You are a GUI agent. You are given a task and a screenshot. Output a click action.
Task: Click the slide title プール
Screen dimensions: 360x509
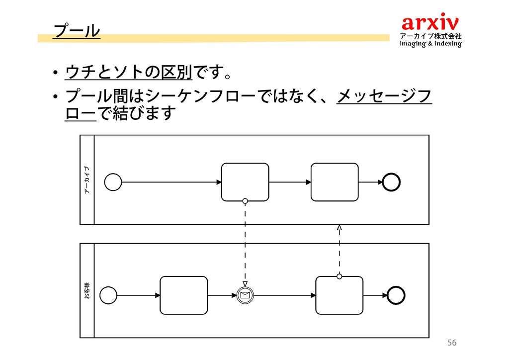77,30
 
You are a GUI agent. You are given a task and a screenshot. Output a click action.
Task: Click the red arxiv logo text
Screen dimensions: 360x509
430,22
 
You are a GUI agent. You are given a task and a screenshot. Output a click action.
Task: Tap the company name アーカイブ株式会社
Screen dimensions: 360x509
430,36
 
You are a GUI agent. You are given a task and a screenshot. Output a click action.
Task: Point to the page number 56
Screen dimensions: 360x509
451,343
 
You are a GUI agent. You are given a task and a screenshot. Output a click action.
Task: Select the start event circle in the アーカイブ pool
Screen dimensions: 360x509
113,182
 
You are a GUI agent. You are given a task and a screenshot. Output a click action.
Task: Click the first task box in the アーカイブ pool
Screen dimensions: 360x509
245,182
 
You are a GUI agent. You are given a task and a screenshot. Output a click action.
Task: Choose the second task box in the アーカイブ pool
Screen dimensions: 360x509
335,182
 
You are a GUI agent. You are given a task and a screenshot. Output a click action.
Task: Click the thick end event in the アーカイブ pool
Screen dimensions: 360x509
391,182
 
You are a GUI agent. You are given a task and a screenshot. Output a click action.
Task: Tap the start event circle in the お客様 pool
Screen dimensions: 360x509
108,295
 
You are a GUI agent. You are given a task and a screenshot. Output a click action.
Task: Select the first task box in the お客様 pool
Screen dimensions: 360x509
183,295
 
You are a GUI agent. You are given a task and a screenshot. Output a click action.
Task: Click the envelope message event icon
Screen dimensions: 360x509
245,295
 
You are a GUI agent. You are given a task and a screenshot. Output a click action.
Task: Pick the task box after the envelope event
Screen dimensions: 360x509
339,295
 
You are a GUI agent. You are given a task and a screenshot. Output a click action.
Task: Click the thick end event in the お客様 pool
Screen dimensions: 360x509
396,295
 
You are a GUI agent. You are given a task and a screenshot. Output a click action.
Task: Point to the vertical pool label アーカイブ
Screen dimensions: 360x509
87,180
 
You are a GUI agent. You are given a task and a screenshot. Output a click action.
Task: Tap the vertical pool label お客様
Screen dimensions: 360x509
87,291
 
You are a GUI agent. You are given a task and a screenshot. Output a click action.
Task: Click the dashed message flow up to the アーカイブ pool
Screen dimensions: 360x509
339,251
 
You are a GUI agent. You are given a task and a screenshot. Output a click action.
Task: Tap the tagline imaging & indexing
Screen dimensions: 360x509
430,44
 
